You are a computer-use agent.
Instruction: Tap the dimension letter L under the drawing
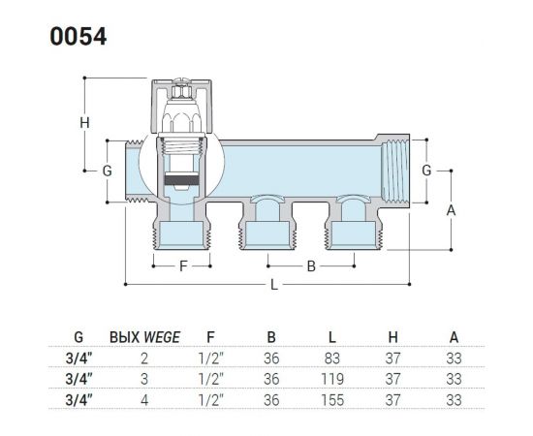pos(274,285)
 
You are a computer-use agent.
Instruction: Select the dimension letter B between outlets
pos(310,264)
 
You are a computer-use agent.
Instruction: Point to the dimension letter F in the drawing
pos(180,264)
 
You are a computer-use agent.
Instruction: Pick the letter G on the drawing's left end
pos(108,171)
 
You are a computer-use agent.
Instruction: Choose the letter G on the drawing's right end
pos(425,171)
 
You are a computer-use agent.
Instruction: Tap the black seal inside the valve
pos(180,180)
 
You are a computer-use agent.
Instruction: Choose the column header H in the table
pos(393,339)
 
